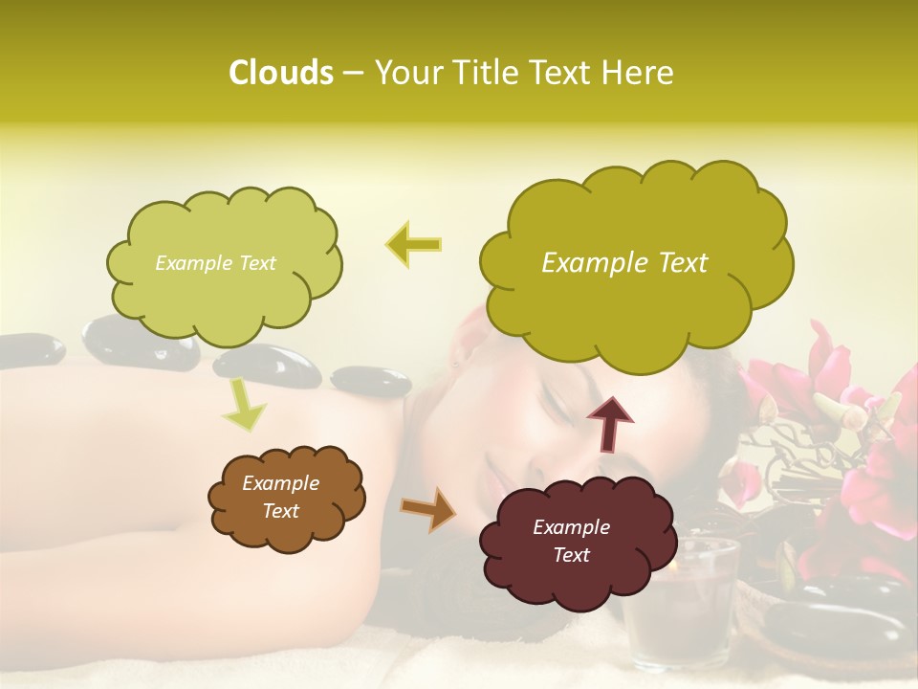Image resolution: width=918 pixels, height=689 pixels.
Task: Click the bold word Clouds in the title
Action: pyautogui.click(x=280, y=73)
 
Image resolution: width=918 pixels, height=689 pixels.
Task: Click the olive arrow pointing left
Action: pyautogui.click(x=413, y=244)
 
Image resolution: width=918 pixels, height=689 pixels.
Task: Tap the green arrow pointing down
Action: pyautogui.click(x=243, y=404)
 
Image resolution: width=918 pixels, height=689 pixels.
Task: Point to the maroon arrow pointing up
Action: pyautogui.click(x=610, y=422)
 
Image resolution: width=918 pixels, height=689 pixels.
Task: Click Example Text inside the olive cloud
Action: pyautogui.click(x=624, y=263)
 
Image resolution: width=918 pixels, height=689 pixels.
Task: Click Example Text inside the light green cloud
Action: pyautogui.click(x=215, y=263)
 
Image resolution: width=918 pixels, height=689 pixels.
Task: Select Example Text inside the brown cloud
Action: pyautogui.click(x=280, y=497)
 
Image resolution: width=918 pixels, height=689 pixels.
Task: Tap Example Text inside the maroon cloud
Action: pyautogui.click(x=571, y=541)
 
